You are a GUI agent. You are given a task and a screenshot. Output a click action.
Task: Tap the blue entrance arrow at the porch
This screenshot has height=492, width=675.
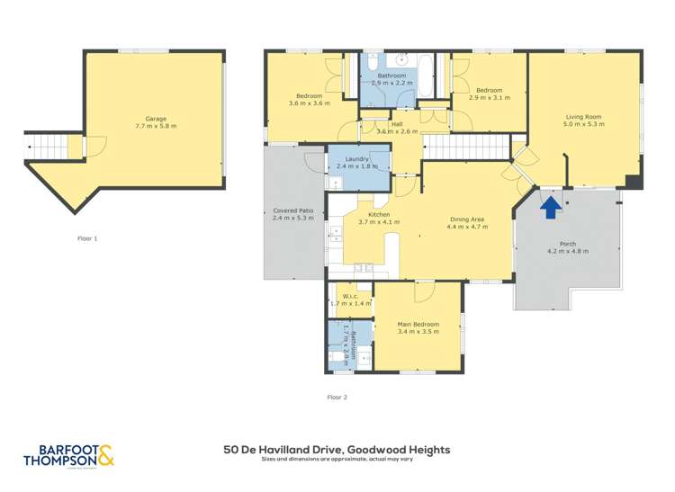(551, 208)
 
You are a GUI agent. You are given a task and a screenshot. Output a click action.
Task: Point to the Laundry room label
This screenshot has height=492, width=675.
(357, 159)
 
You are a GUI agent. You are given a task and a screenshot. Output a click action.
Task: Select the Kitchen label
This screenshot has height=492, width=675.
(372, 215)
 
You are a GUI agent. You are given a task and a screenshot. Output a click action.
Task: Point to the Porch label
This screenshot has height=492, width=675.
(568, 244)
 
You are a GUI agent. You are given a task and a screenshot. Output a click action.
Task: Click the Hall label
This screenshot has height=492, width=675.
(397, 124)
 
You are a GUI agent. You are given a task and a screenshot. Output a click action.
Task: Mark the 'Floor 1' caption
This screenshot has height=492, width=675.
(87, 238)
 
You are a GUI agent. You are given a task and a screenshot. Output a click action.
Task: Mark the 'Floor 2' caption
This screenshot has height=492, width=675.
(337, 397)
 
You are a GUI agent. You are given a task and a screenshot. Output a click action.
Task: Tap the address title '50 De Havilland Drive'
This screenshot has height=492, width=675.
(337, 449)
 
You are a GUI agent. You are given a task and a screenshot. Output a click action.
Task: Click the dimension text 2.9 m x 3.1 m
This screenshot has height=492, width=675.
(492, 97)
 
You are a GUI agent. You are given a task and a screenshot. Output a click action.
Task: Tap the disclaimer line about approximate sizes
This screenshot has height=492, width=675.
(337, 460)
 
